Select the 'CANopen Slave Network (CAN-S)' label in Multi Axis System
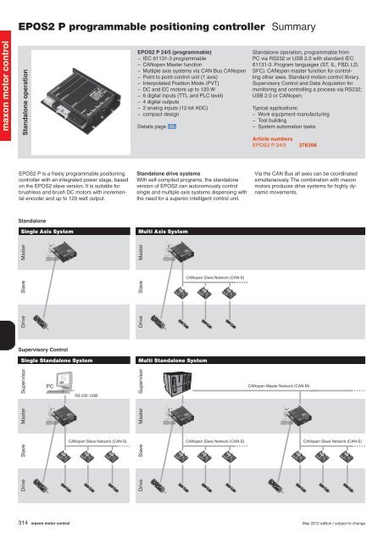click(214, 277)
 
